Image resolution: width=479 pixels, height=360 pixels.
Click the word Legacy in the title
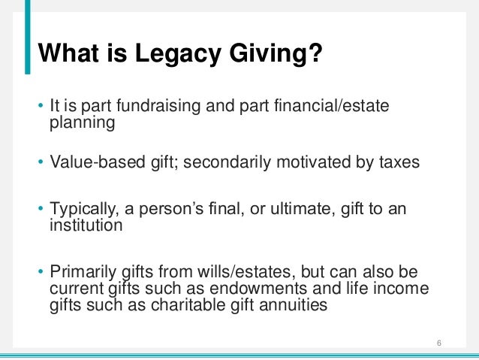pyautogui.click(x=168, y=54)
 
